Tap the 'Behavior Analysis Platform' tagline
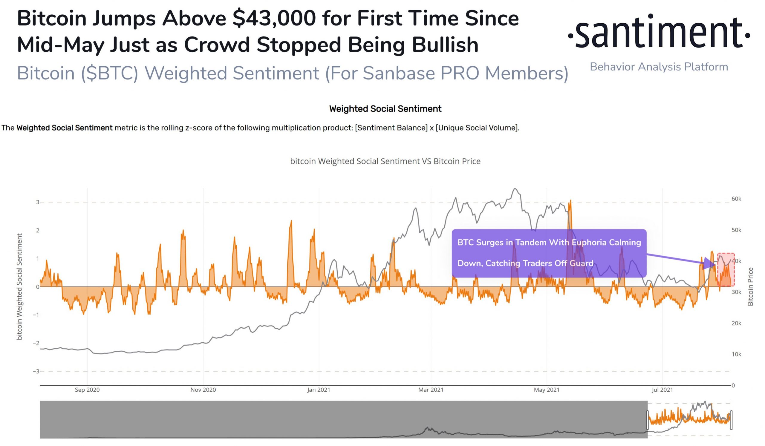click(659, 67)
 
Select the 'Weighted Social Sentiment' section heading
click(385, 109)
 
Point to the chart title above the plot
click(385, 161)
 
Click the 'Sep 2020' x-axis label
click(87, 390)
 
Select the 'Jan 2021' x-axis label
click(319, 390)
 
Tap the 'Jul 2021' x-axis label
click(662, 390)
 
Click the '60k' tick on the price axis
click(736, 199)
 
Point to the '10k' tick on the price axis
click(736, 354)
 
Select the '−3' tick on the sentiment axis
click(36, 371)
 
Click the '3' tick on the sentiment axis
click(37, 202)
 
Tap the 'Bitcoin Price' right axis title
click(750, 287)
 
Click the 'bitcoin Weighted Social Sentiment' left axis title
click(19, 287)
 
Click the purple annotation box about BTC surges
click(549, 253)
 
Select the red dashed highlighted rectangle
click(726, 269)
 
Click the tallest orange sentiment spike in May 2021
click(570, 201)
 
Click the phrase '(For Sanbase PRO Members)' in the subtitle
click(446, 73)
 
